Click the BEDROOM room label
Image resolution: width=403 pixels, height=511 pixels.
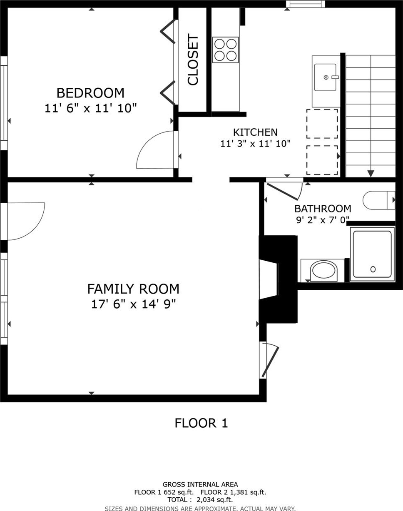click(x=90, y=93)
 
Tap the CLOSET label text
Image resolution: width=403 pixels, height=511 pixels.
click(x=193, y=60)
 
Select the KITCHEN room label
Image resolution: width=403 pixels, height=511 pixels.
click(x=255, y=132)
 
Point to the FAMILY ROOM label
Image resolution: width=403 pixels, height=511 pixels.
click(x=133, y=289)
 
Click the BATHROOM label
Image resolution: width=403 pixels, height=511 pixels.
click(x=323, y=209)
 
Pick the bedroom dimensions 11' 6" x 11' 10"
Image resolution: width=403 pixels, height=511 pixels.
click(x=91, y=108)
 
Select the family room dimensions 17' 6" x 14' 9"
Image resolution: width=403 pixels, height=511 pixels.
click(x=133, y=304)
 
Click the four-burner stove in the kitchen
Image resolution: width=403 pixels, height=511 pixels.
click(x=225, y=50)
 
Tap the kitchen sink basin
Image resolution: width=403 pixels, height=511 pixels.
click(x=325, y=77)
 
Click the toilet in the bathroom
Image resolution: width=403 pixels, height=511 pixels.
click(x=379, y=200)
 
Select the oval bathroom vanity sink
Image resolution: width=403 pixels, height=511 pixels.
click(x=324, y=270)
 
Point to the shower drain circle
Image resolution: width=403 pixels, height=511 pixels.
click(x=373, y=269)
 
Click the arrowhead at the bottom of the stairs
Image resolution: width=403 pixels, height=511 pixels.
click(x=371, y=174)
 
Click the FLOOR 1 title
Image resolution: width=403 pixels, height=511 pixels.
click(x=201, y=423)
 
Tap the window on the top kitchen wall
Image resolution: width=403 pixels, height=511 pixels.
click(x=306, y=4)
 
